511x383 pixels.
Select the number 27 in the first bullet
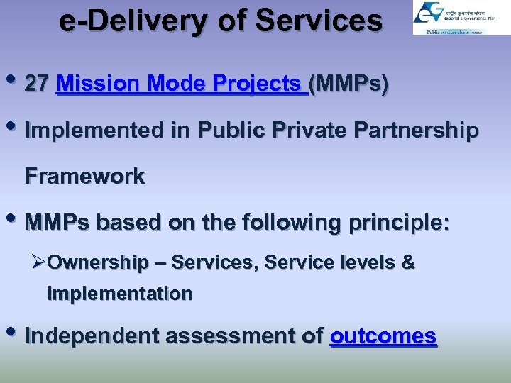pyautogui.click(x=37, y=84)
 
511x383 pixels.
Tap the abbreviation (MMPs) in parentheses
pyautogui.click(x=350, y=84)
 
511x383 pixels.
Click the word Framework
pyautogui.click(x=84, y=176)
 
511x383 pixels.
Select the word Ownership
pyautogui.click(x=99, y=263)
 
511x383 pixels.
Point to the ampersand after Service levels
pyautogui.click(x=408, y=262)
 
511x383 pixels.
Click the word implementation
pyautogui.click(x=119, y=294)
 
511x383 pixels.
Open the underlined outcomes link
pyautogui.click(x=383, y=335)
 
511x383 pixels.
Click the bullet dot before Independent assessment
pyautogui.click(x=16, y=334)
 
